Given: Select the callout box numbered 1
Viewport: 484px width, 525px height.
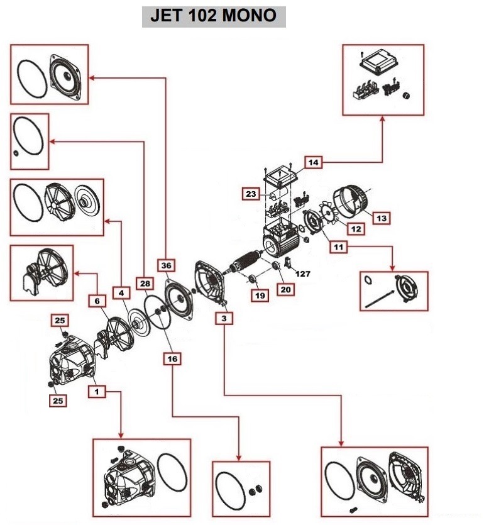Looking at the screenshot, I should [97, 391].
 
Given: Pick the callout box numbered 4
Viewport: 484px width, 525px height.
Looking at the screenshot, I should [121, 292].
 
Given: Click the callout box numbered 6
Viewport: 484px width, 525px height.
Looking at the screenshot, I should [97, 301].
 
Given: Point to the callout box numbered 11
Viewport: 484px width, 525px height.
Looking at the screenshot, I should [339, 247].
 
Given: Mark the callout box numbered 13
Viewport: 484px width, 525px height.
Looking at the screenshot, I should [381, 218].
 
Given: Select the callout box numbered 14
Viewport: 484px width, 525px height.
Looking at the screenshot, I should [314, 162].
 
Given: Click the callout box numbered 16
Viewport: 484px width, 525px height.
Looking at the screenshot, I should [172, 358].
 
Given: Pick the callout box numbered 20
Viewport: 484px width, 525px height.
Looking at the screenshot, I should [286, 289].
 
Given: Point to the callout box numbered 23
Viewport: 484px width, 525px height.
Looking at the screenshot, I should [251, 195].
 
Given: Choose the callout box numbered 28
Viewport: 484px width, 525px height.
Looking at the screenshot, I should [145, 284].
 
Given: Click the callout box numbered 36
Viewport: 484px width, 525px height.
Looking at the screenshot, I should [166, 266].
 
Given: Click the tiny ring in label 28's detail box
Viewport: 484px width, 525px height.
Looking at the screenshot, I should [15, 153].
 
